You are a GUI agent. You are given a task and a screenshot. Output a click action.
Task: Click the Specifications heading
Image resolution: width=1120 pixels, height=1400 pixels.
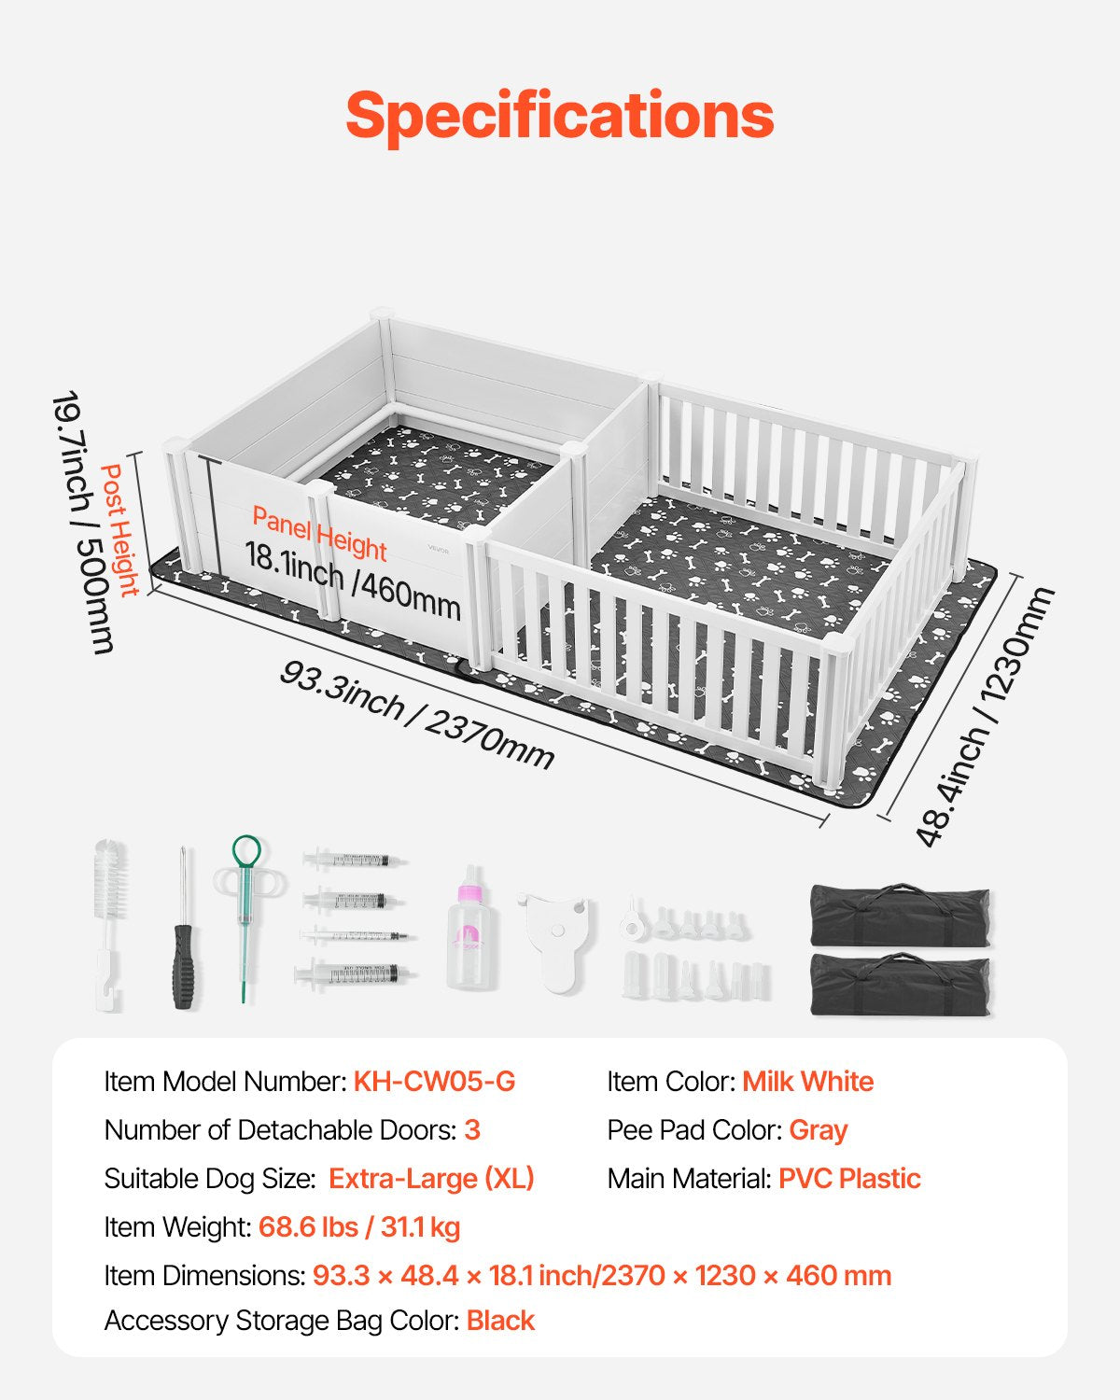coord(560,117)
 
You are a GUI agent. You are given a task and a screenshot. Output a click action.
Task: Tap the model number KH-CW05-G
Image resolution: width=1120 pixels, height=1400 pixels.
coord(434,1082)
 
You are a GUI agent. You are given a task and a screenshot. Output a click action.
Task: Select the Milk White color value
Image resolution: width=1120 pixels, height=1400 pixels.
coord(807,1082)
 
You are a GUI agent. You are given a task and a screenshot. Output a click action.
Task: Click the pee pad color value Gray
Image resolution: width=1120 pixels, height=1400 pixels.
coord(818,1130)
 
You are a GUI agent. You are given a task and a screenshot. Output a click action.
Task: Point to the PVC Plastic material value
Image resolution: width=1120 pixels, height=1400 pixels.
coord(849,1179)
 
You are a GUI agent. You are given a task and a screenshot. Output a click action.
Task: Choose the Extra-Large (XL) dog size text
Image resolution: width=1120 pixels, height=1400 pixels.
coord(431,1179)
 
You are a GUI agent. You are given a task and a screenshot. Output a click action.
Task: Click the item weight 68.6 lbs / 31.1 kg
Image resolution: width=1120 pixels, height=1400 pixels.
coord(359,1227)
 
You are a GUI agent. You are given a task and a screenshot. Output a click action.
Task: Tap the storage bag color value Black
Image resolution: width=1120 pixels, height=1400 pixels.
coord(500,1322)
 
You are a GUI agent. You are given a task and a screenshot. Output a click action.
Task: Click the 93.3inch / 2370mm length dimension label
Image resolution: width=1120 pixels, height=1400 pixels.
coord(416,714)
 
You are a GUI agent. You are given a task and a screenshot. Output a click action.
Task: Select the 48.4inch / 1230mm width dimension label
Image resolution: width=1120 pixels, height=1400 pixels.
coord(983,716)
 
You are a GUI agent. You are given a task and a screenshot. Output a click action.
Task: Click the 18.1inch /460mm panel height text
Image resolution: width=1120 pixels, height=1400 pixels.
coord(353,581)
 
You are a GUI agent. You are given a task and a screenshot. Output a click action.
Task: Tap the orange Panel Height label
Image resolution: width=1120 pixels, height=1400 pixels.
coord(319,534)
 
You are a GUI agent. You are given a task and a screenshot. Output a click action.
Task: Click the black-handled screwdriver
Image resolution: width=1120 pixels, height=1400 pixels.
coord(184,928)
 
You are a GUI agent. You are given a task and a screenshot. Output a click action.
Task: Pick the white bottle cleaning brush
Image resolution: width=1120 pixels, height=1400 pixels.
coord(110,925)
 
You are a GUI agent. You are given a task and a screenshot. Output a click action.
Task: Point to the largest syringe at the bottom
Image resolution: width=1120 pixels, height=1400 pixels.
coord(355,973)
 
